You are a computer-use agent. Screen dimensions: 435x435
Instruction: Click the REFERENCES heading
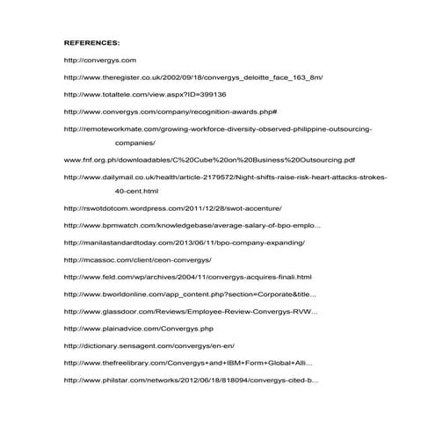pyautogui.click(x=92, y=41)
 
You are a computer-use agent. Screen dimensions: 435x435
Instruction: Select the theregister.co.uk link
pyautogui.click(x=193, y=76)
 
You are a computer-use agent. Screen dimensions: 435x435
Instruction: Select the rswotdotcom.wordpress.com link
pyautogui.click(x=173, y=208)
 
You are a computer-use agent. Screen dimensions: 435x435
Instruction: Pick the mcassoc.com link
pyautogui.click(x=138, y=259)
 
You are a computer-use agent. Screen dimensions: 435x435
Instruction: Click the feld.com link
pyautogui.click(x=182, y=277)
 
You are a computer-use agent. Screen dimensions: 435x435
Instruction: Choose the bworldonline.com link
pyautogui.click(x=191, y=294)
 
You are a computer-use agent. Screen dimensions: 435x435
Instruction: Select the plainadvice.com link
pyautogui.click(x=139, y=329)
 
